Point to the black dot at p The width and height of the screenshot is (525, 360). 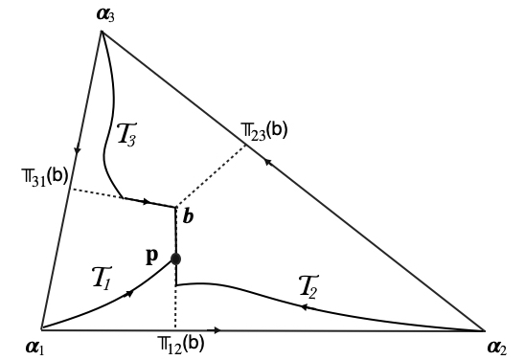(x=176, y=259)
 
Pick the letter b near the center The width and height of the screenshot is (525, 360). (x=190, y=218)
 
